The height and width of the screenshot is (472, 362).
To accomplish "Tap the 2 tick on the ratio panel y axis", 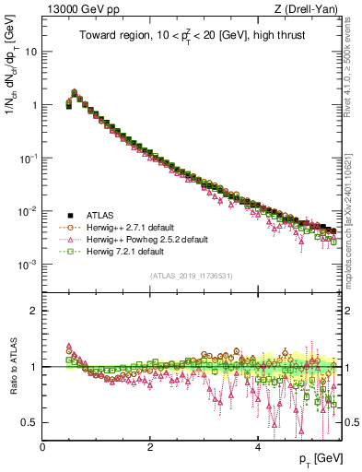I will click(x=33, y=311).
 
